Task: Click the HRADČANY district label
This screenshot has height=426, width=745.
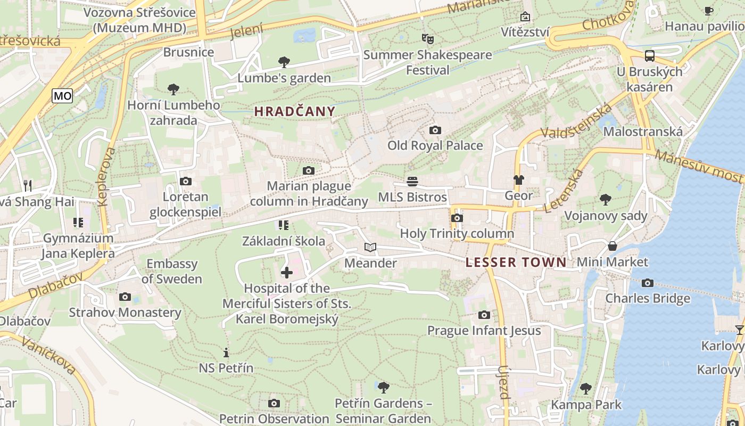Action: click(x=295, y=111)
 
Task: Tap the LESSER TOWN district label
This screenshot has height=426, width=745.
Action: click(x=516, y=262)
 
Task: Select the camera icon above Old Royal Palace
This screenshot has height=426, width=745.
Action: click(x=435, y=130)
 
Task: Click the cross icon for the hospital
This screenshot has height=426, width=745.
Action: click(x=286, y=273)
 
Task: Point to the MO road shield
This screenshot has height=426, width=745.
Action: click(x=62, y=96)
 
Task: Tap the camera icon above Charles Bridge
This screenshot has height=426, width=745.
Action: click(x=647, y=283)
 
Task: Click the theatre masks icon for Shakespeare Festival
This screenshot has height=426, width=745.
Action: click(x=427, y=38)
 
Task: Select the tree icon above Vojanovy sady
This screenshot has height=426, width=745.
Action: click(x=605, y=200)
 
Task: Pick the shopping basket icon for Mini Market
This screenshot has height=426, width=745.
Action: click(x=612, y=246)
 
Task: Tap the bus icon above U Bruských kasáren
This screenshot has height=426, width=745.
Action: click(x=649, y=55)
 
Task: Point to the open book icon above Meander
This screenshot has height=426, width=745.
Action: click(x=370, y=247)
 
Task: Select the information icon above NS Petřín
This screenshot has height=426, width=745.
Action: click(x=226, y=353)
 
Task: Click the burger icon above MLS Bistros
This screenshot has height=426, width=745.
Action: click(x=412, y=182)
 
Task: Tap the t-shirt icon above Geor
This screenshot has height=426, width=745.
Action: click(x=518, y=180)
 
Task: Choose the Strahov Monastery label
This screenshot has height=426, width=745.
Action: click(x=125, y=313)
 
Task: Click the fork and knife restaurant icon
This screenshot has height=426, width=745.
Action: click(x=28, y=185)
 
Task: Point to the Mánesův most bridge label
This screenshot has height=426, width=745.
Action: click(x=699, y=166)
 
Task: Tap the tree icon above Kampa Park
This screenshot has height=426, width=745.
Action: click(x=586, y=389)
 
